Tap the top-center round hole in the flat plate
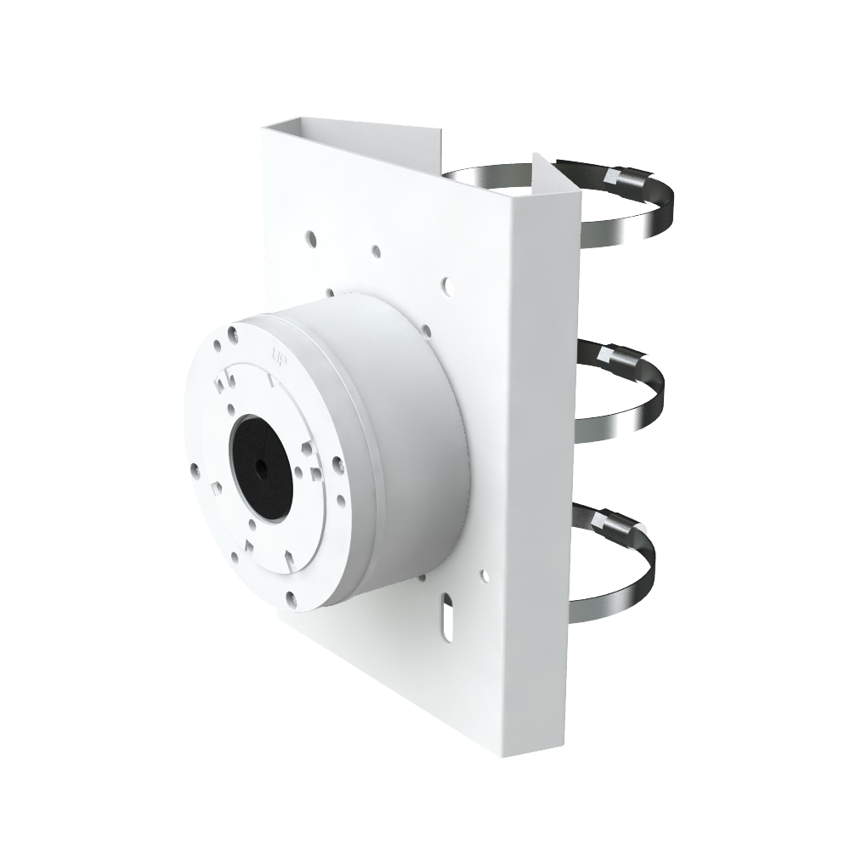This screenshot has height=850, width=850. point(375,252)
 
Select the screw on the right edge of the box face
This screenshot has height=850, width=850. point(337,464)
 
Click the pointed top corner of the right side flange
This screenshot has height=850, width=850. point(535,156)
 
